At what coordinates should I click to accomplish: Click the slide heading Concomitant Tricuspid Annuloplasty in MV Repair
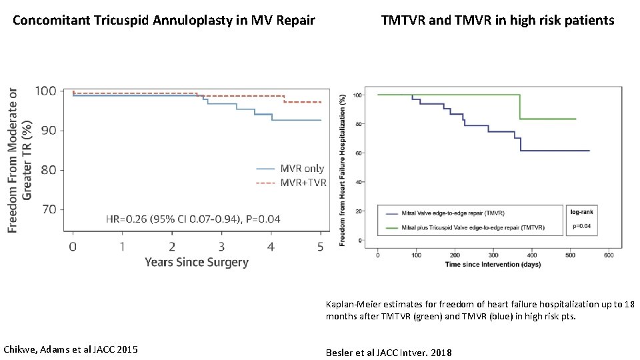(164, 21)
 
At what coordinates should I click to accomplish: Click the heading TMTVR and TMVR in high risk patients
(497, 21)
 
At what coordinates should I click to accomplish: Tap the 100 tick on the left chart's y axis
(45, 91)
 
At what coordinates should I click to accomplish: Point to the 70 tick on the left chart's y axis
(45, 210)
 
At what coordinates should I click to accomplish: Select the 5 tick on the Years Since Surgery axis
(320, 247)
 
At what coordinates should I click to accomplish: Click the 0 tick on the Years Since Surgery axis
(73, 247)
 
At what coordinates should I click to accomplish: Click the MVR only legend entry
(301, 169)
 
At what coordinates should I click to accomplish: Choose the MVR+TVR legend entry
(303, 183)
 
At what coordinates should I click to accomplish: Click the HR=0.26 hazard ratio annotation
(193, 219)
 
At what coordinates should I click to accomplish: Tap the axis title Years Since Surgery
(197, 263)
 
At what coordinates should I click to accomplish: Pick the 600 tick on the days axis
(609, 255)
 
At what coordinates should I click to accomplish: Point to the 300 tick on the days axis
(493, 255)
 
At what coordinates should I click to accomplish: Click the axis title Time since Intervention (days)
(493, 265)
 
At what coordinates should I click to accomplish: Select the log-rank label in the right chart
(583, 212)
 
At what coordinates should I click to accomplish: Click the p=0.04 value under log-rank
(583, 226)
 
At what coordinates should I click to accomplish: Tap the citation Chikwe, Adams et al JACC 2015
(71, 349)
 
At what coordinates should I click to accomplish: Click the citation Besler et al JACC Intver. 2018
(389, 352)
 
